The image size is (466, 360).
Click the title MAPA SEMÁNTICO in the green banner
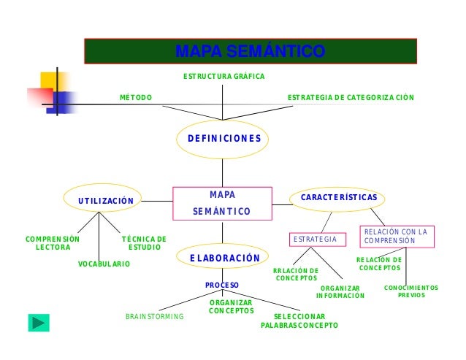250,52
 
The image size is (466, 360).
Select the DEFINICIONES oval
224,138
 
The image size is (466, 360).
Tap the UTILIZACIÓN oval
106,200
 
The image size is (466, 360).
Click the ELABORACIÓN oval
224,258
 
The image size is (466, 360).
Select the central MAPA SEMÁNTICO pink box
222,203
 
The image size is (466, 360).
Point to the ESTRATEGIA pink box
315,240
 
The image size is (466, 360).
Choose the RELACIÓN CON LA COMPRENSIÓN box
396,236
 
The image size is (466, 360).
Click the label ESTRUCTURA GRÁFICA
224,77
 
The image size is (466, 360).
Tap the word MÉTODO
136,98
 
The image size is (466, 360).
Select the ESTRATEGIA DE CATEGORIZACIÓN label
351,98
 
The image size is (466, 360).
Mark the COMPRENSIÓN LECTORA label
53,243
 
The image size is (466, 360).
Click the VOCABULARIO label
104,264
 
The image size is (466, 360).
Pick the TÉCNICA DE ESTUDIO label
144,243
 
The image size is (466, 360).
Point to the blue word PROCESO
222,284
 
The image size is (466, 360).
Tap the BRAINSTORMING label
155,317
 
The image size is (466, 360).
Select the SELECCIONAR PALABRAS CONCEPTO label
299,321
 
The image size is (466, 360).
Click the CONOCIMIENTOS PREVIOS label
411,291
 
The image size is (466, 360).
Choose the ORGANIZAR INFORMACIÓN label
340,292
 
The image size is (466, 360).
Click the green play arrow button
39,322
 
